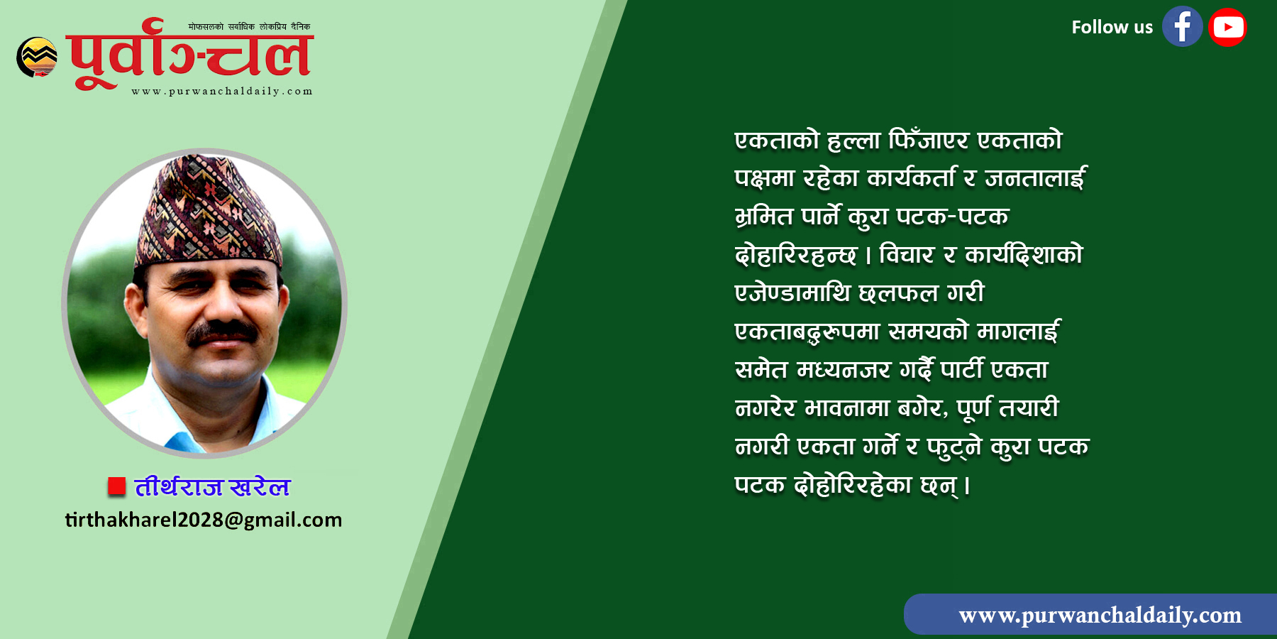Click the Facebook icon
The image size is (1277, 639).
tap(1182, 27)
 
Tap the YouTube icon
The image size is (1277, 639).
tap(1228, 27)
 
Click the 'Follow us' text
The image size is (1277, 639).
tap(1112, 28)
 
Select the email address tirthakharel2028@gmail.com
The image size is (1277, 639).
tap(204, 520)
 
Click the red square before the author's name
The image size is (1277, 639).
tap(116, 486)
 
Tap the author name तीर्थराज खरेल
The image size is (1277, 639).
tap(212, 486)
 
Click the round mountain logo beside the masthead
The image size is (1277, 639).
tap(37, 57)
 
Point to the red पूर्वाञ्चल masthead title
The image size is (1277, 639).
tap(189, 55)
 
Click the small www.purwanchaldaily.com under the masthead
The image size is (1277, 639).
tap(222, 92)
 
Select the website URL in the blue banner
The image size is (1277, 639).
tap(1100, 615)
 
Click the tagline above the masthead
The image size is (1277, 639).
tap(249, 27)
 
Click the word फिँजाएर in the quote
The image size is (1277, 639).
tap(928, 140)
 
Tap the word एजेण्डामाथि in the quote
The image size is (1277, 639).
tap(792, 293)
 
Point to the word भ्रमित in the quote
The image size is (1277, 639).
tap(764, 217)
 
